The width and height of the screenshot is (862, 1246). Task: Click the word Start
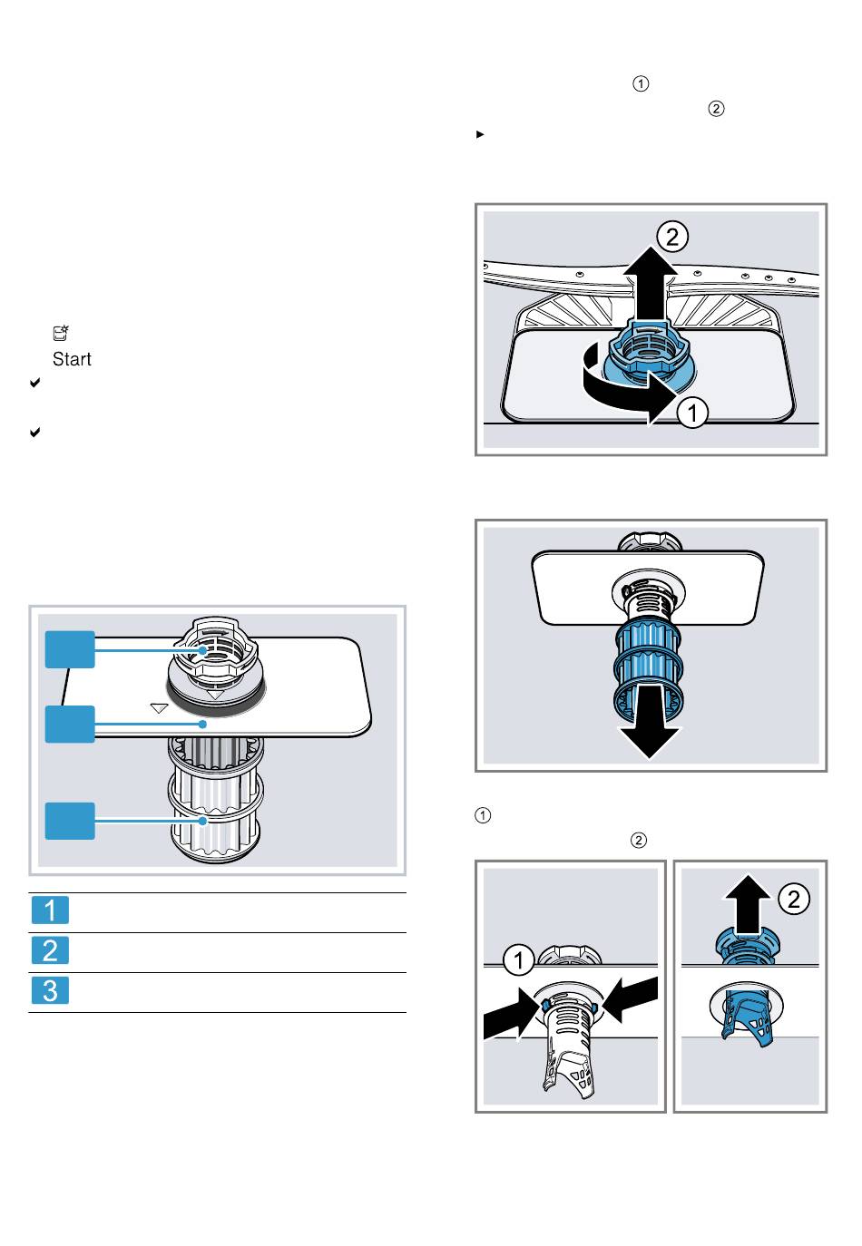coord(72,359)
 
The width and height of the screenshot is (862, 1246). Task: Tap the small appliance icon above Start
coord(60,333)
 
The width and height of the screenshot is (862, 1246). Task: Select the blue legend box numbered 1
coord(50,910)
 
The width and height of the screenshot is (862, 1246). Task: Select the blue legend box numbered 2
coord(50,950)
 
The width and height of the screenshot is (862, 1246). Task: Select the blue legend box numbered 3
coord(50,990)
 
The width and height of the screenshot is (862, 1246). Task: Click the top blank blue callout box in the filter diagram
coord(70,649)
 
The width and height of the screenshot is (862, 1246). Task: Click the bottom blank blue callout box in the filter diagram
coord(70,821)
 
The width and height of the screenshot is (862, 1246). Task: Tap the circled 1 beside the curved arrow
coord(692,413)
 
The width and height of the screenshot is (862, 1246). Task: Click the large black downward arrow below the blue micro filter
coord(650,722)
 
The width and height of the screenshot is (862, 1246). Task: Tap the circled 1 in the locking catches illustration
coord(519,959)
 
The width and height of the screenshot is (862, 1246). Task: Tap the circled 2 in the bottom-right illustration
coord(794,899)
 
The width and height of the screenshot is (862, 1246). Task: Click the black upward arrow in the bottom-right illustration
coord(748,904)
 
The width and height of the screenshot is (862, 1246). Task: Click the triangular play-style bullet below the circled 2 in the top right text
coord(480,134)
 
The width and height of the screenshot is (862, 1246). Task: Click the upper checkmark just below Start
coord(34,383)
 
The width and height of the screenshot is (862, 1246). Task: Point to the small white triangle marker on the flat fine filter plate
coord(159,708)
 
